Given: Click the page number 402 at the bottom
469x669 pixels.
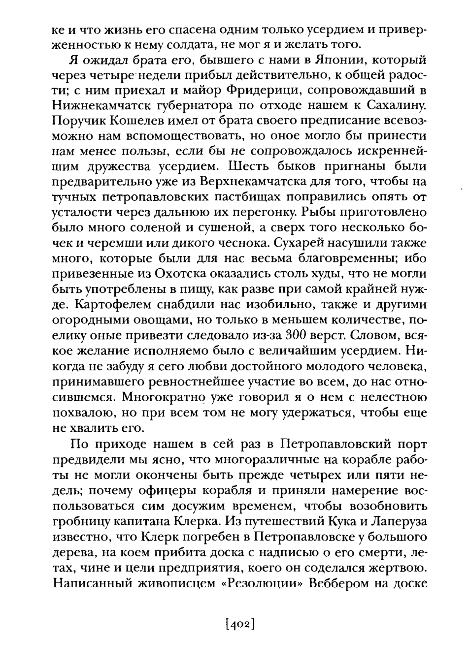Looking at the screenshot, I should [x=239, y=625].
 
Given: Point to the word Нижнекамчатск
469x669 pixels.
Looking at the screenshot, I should [x=97, y=106].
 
